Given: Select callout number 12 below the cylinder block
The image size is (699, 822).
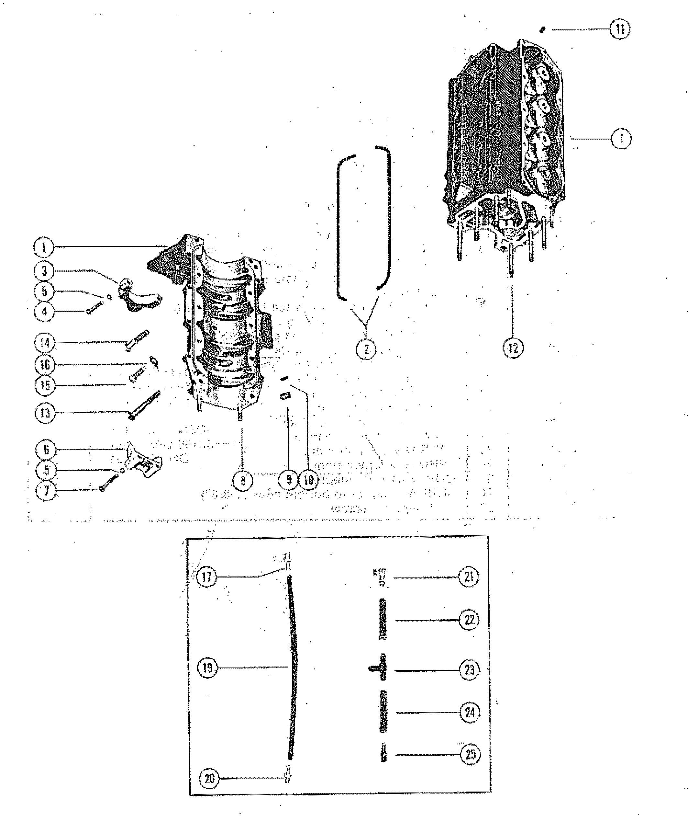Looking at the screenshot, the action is pos(513,348).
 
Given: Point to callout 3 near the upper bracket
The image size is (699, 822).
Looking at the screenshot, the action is pos(44,271).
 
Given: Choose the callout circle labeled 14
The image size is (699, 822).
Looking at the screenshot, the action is pos(44,343).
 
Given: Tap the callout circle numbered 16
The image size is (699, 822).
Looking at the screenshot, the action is pos(44,364).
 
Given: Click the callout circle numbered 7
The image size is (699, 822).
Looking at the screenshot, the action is pos(46,491).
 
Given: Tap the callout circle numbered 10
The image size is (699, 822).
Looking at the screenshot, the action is pos(309,480).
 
